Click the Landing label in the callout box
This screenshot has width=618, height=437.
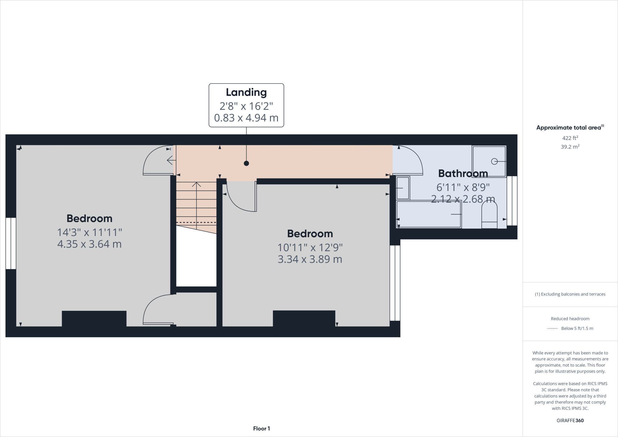click(x=246, y=92)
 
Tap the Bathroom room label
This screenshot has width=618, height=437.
click(x=463, y=174)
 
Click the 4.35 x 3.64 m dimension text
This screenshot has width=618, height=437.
click(x=89, y=244)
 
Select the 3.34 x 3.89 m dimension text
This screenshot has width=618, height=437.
click(x=310, y=259)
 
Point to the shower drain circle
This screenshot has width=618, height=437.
click(x=494, y=161)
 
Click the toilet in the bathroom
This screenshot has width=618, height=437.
click(x=489, y=215)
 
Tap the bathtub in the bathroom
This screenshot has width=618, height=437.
click(x=429, y=214)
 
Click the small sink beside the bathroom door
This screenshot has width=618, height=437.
click(x=403, y=188)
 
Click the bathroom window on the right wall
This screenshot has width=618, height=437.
click(x=512, y=201)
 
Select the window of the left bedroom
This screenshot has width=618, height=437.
click(x=11, y=243)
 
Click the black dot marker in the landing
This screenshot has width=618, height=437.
click(x=246, y=163)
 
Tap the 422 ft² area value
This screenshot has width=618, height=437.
click(x=570, y=138)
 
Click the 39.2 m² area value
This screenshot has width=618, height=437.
click(x=570, y=147)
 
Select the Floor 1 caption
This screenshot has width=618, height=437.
click(x=261, y=429)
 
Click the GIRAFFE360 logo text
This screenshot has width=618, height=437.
click(x=570, y=420)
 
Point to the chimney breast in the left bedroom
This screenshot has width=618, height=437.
click(x=94, y=318)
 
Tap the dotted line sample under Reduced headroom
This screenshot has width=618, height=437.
click(x=553, y=328)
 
